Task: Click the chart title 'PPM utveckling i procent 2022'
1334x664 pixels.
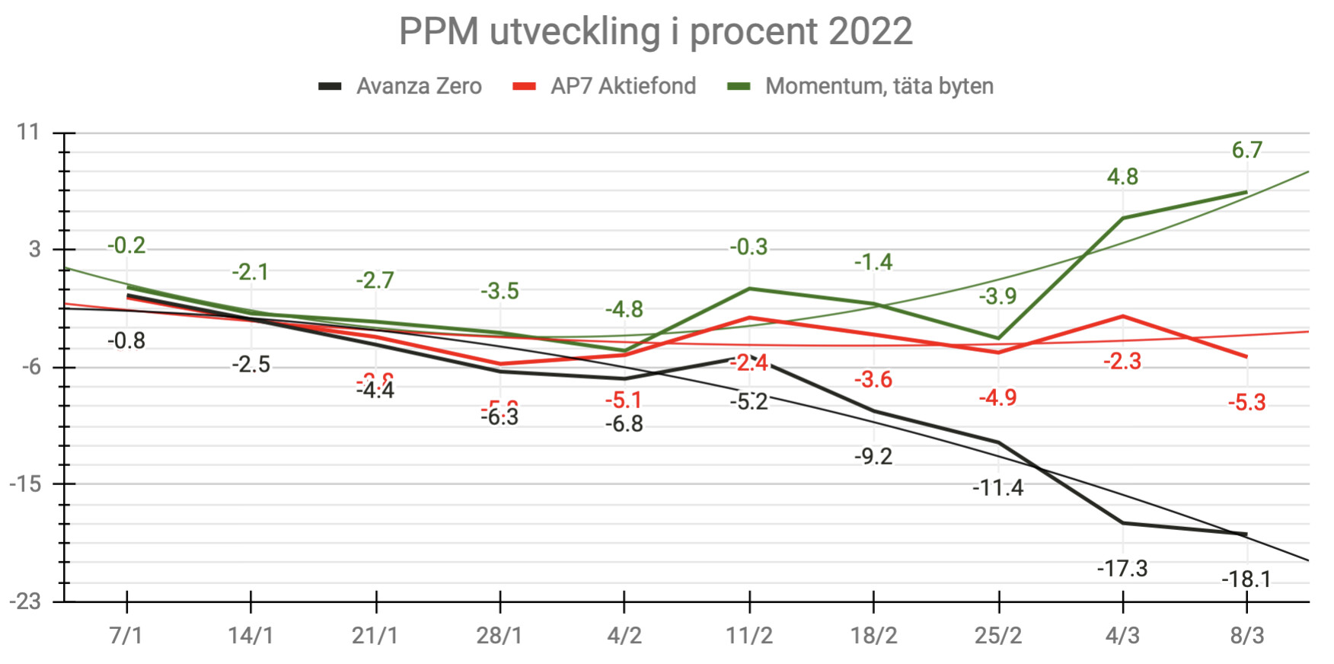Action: coord(656,32)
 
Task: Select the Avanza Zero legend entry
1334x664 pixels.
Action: coord(418,86)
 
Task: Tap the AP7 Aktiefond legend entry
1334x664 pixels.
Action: coord(622,86)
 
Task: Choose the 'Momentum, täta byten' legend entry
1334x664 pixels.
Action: coord(879,86)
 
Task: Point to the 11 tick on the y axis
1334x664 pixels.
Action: coord(28,132)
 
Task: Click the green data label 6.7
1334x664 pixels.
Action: coord(1246,150)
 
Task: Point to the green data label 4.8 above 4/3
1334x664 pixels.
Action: coord(1122,177)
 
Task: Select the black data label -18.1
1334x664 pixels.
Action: coord(1246,580)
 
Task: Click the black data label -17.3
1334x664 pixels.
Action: coord(1122,568)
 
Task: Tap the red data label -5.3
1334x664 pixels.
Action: coord(1246,402)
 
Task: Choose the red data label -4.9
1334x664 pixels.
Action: coord(998,397)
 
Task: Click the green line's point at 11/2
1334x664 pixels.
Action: coord(749,289)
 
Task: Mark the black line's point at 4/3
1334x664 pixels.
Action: coord(1122,523)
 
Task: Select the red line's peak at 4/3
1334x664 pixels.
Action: coord(1122,316)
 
